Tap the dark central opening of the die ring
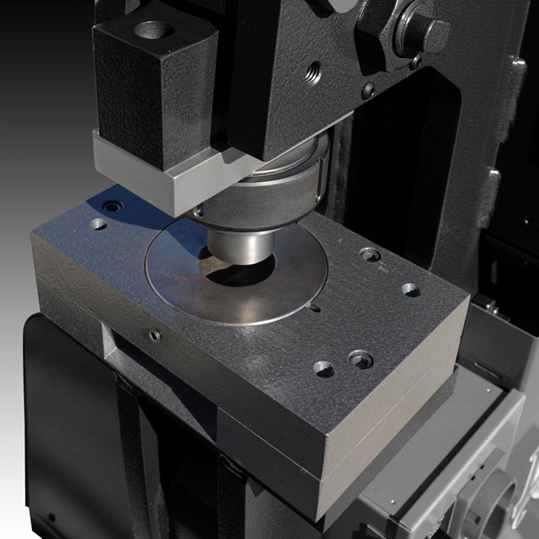[240, 275]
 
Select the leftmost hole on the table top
[99, 224]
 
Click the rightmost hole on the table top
[410, 290]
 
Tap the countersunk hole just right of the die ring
[370, 254]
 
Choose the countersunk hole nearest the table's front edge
[360, 359]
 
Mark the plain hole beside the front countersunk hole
[323, 368]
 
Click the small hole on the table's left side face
[154, 336]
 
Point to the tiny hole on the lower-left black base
[52, 516]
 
